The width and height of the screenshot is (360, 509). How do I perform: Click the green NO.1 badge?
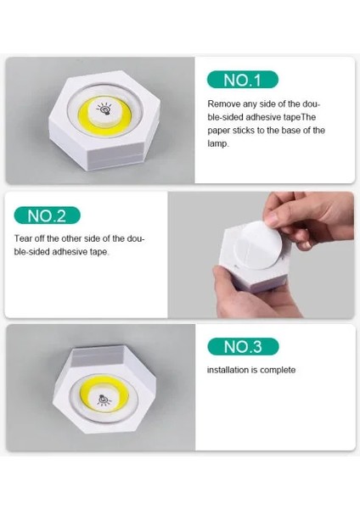tap(242, 80)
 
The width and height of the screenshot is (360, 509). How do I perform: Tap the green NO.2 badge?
tap(52, 215)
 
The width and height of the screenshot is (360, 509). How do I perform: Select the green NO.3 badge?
tap(242, 346)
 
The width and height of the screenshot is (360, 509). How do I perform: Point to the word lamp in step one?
tap(217, 143)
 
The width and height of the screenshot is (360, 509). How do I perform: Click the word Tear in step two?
tap(24, 238)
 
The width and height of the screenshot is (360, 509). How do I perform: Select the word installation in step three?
tap(230, 371)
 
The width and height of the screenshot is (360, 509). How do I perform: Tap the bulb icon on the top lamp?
tap(104, 110)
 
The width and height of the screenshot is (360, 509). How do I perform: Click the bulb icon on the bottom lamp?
tap(104, 398)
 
